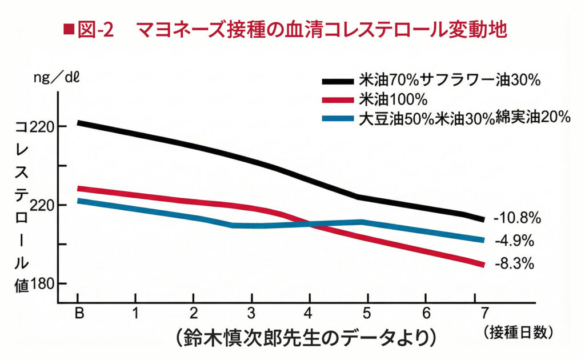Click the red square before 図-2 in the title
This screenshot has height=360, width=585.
click(x=70, y=29)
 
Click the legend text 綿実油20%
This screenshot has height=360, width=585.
click(x=533, y=117)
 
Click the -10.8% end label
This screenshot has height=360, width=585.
click(x=516, y=218)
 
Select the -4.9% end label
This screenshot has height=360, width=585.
click(x=514, y=240)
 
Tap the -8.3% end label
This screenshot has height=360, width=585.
click(x=514, y=263)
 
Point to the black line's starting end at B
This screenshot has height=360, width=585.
click(x=79, y=122)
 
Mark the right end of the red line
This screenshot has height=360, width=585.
click(x=483, y=264)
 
